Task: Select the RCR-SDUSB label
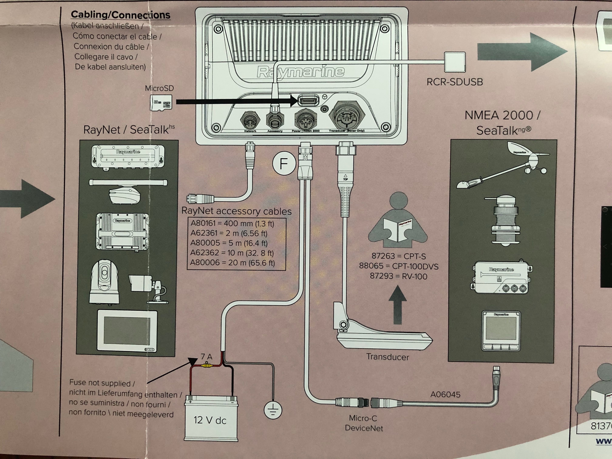click(455, 82)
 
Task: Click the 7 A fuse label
click(206, 357)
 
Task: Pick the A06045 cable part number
click(445, 394)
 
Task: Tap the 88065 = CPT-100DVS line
click(398, 266)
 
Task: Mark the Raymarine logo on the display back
click(301, 72)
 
